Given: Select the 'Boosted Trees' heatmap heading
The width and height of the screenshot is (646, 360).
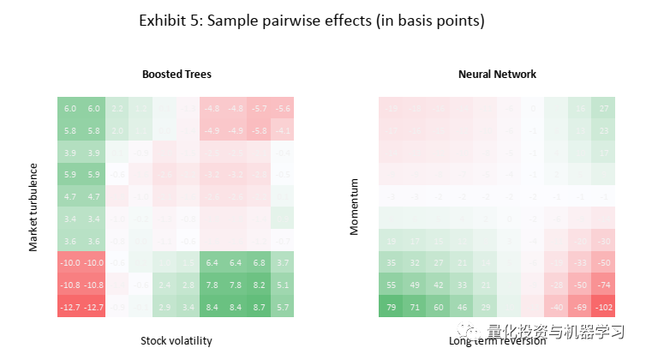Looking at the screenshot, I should point(176,75).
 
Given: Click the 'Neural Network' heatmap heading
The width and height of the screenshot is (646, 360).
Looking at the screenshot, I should point(497,75).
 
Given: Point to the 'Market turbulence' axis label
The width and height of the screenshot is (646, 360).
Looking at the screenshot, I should point(34,207).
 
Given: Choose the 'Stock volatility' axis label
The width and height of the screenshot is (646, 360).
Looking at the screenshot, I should point(176,340).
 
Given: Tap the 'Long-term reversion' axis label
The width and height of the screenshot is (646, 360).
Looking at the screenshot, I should point(496,340).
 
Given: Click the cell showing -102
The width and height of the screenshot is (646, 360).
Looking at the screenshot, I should point(605,307).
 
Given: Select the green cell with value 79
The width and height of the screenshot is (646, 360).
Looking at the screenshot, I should point(391,307).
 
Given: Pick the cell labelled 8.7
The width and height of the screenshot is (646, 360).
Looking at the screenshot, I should point(260,307).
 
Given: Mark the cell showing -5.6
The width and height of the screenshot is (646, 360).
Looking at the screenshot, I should point(283,109).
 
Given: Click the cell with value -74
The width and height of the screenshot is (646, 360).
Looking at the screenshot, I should point(605,285).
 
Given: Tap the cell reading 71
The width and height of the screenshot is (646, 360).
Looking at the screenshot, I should point(415,307).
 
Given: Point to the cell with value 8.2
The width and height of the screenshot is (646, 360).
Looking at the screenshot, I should point(260,285).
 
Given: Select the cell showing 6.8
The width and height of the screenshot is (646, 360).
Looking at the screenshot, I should point(260,262).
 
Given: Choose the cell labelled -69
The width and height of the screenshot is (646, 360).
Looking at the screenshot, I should point(581,307).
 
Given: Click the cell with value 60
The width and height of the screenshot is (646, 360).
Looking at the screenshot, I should point(439,307).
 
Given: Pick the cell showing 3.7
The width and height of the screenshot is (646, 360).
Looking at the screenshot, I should point(283,262).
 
